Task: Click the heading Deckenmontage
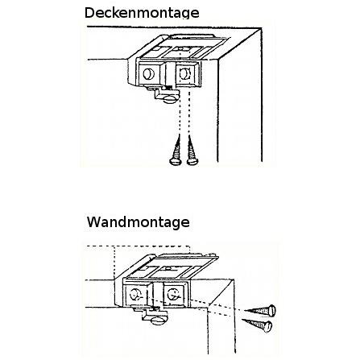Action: click(142, 13)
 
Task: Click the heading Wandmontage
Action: click(139, 222)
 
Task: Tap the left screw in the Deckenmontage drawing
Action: click(176, 150)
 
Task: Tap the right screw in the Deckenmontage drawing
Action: click(192, 150)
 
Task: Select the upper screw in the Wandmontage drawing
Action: click(260, 311)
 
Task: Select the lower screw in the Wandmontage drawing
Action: click(257, 325)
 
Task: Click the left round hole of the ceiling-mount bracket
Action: click(148, 74)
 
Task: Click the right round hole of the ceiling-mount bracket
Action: click(184, 73)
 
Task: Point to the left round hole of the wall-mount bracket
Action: click(134, 295)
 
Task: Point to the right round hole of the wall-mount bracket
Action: click(172, 295)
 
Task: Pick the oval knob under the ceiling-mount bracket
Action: click(170, 100)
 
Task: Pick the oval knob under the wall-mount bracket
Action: click(158, 321)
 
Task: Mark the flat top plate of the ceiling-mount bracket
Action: click(184, 48)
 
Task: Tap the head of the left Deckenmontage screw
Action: click(176, 162)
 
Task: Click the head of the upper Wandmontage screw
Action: click(272, 311)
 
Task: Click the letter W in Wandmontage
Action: click(93, 222)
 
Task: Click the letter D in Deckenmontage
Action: click(89, 13)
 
